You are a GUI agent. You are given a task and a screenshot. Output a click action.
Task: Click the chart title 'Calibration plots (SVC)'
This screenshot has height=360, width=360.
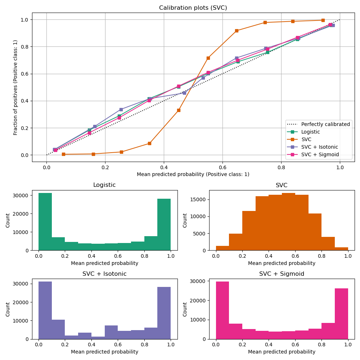(193, 8)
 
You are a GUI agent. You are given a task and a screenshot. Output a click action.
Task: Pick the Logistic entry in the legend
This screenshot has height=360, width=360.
(310, 132)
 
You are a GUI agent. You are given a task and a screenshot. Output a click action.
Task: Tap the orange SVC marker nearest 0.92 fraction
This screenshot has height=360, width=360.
(237, 31)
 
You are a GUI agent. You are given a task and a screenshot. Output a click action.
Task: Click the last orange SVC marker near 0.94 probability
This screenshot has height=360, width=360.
(323, 20)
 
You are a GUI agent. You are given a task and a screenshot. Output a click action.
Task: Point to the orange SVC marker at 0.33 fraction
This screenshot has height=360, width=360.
(179, 110)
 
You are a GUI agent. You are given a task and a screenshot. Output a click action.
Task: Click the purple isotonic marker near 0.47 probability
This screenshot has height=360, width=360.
(184, 93)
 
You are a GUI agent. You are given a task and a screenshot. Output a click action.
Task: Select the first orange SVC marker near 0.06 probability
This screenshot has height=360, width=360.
(63, 154)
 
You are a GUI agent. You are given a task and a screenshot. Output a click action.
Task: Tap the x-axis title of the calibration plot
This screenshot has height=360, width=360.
(193, 174)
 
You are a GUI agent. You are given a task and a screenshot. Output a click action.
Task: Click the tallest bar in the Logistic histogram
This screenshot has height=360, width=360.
(45, 221)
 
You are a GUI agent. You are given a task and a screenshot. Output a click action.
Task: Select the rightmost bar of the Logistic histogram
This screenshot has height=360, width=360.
(164, 224)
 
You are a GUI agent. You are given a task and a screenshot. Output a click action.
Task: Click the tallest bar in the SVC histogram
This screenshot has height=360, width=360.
(288, 221)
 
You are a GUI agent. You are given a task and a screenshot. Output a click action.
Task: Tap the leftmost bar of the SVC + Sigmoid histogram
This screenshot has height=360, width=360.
(222, 310)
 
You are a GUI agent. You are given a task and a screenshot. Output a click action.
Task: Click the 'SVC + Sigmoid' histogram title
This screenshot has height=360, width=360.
(282, 274)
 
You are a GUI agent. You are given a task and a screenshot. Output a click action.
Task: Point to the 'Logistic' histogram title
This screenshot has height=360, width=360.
(104, 185)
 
